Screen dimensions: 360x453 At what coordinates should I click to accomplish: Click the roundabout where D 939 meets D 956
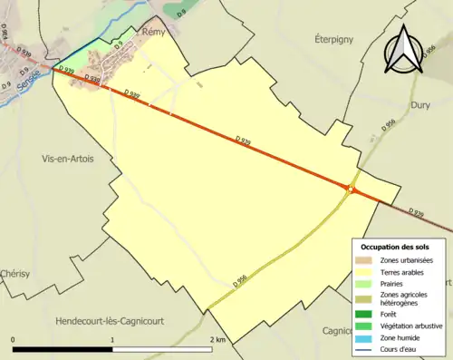coord(351,189)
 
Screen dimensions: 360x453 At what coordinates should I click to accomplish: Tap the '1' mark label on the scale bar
coord(112,340)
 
